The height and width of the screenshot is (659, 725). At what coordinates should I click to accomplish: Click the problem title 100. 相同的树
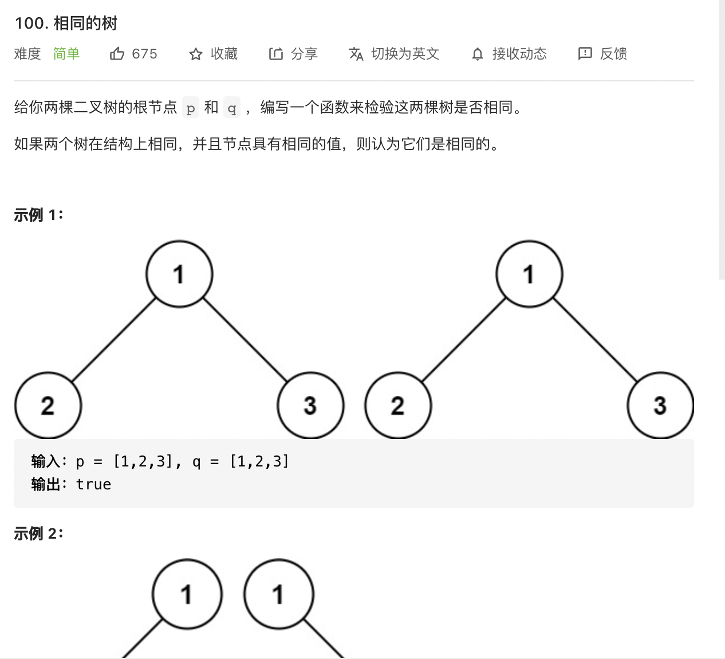click(x=66, y=23)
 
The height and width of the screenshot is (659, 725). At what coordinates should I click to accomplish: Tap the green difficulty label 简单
click(x=66, y=54)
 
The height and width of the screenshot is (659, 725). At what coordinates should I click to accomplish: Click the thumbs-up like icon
click(x=117, y=54)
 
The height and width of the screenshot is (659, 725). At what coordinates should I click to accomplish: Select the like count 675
click(x=144, y=54)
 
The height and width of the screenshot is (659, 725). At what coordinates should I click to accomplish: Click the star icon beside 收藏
click(x=196, y=54)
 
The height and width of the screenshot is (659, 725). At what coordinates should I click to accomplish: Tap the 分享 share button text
click(x=304, y=54)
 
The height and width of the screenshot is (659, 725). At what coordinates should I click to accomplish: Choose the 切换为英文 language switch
click(x=404, y=54)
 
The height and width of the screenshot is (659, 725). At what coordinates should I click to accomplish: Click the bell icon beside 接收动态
click(x=478, y=54)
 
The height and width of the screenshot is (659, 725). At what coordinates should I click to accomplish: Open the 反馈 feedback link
click(x=613, y=54)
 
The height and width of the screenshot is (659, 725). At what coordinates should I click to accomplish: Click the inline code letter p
click(x=191, y=108)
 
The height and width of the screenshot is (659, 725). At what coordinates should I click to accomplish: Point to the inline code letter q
click(x=232, y=108)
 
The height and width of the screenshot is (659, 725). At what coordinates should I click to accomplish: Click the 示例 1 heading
click(x=38, y=215)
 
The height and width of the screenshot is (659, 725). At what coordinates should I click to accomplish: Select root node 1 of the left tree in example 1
click(x=179, y=274)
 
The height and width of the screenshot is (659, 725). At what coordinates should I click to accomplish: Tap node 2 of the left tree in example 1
click(x=48, y=406)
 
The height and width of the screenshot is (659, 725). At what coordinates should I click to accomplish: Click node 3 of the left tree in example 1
click(x=310, y=406)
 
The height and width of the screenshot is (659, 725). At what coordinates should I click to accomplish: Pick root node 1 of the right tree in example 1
click(x=529, y=274)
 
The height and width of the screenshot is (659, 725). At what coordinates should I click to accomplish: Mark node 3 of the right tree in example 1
click(x=660, y=406)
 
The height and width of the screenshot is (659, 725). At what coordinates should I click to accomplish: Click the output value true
click(x=93, y=485)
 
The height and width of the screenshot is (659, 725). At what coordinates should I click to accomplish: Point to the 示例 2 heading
click(x=38, y=534)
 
